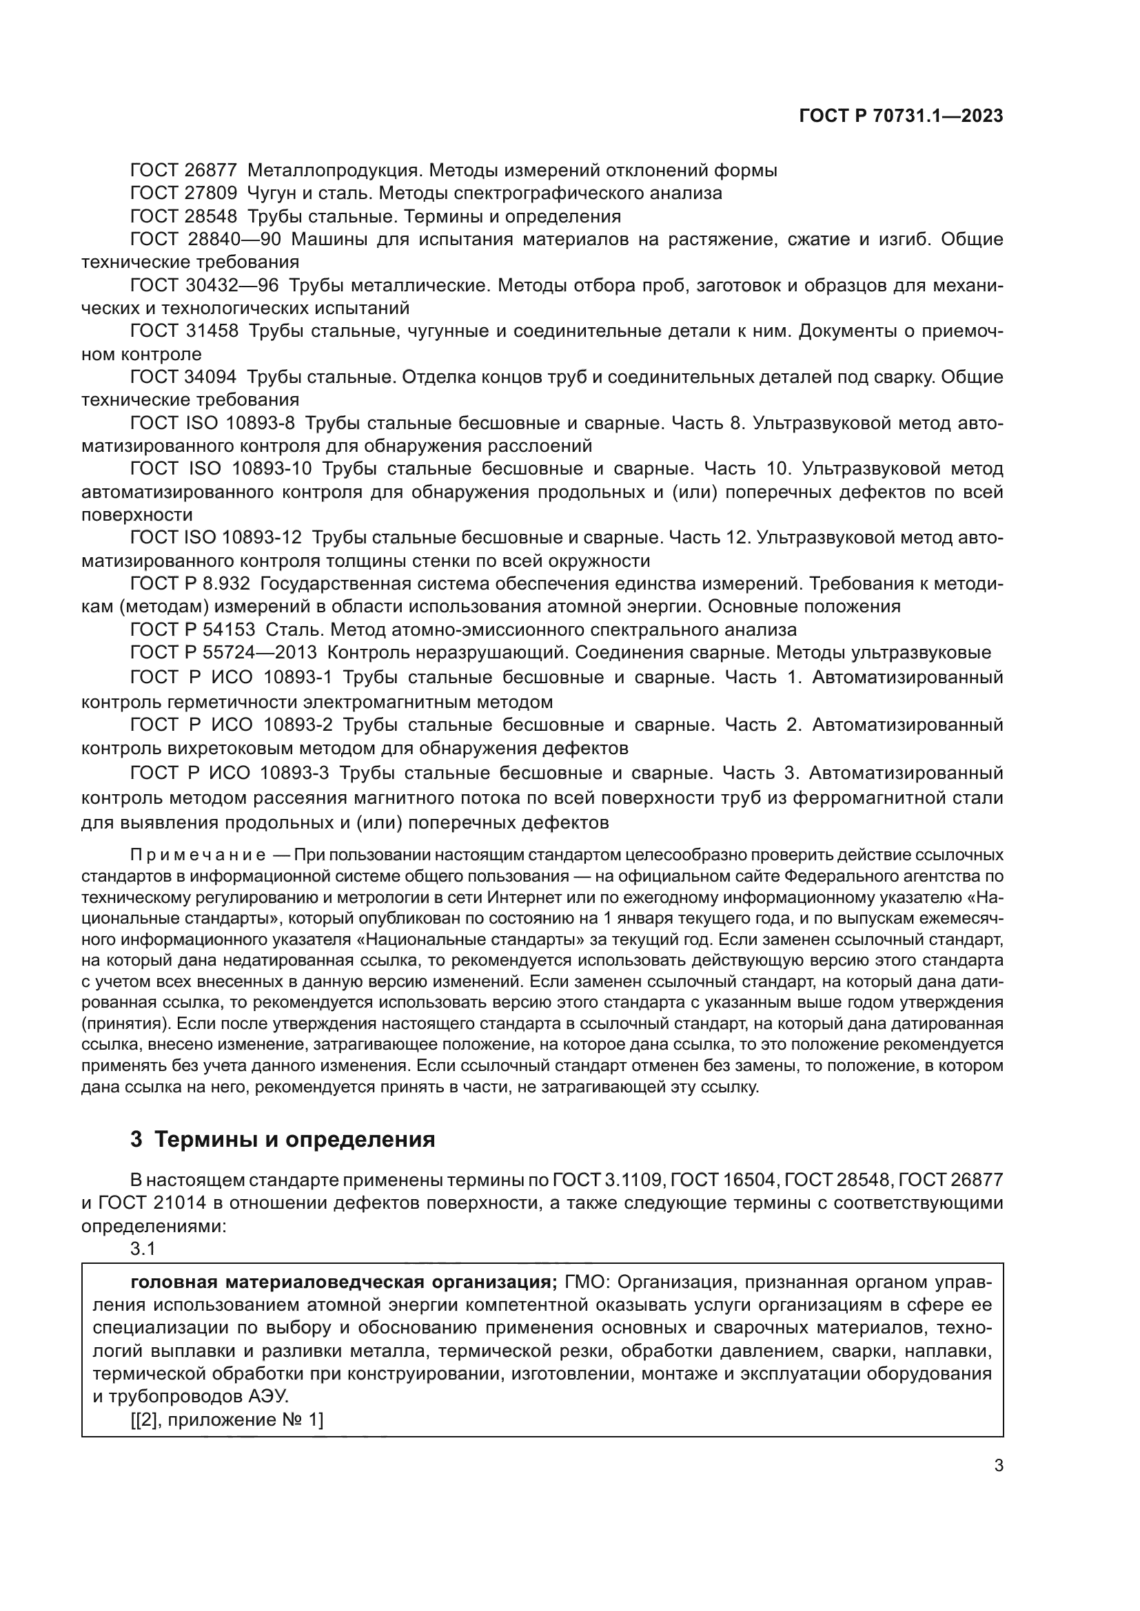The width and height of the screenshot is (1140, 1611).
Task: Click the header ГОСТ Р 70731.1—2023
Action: (x=901, y=116)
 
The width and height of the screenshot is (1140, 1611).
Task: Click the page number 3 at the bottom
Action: (x=998, y=1465)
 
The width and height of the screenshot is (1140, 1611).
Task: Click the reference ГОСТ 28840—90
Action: (x=205, y=239)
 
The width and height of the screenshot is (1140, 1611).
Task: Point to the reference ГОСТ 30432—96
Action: (x=203, y=286)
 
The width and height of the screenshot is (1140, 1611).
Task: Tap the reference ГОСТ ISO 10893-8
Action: (x=212, y=423)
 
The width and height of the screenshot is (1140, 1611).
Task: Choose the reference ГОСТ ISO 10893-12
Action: (x=216, y=537)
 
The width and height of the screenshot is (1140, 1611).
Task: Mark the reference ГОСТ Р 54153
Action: (x=192, y=630)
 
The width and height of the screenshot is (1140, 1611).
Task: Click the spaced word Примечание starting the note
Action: (x=197, y=855)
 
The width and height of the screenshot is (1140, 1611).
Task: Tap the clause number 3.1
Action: (x=143, y=1248)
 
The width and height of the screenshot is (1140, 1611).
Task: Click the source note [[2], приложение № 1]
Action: (x=227, y=1420)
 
